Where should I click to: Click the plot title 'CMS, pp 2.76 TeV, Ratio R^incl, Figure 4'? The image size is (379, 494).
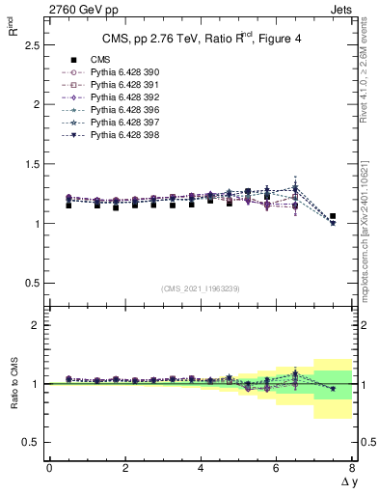click(200, 40)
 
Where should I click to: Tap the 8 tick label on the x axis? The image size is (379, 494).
click(352, 468)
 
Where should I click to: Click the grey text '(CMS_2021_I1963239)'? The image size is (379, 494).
click(200, 288)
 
